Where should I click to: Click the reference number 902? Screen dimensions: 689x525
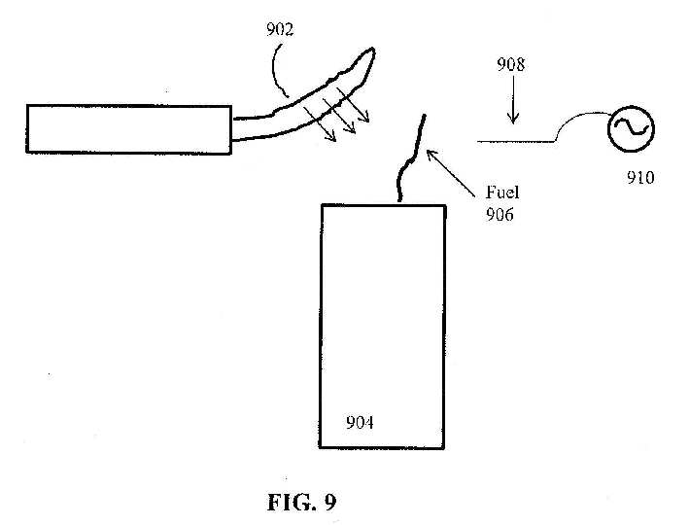coord(280,29)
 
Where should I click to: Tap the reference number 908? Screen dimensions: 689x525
coord(510,64)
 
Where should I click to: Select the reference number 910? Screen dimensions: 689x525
coord(640,178)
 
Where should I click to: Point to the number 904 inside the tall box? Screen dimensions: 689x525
coord(360,423)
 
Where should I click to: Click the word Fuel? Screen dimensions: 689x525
coord(502,192)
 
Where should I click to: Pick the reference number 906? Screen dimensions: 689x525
coord(500,214)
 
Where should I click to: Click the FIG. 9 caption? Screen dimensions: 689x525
coord(302,502)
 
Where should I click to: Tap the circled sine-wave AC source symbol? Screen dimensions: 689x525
coord(631,129)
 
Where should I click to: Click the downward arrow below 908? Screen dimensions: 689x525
coord(513,100)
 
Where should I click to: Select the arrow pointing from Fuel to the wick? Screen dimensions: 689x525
coord(451,173)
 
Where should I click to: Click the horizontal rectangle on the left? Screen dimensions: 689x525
coord(128,129)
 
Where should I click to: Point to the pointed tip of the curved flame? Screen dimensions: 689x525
coord(373,49)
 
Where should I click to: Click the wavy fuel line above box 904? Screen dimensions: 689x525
coord(411,158)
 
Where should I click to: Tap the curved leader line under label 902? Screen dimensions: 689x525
coord(275,70)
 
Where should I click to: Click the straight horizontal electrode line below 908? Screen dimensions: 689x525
coord(516,141)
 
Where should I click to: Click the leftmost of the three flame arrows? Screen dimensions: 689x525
coord(320,124)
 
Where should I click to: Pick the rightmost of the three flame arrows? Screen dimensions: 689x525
coord(353,105)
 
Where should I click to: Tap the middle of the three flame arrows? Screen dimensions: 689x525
coord(339,116)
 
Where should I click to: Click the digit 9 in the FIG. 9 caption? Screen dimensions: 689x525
coord(330,502)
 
